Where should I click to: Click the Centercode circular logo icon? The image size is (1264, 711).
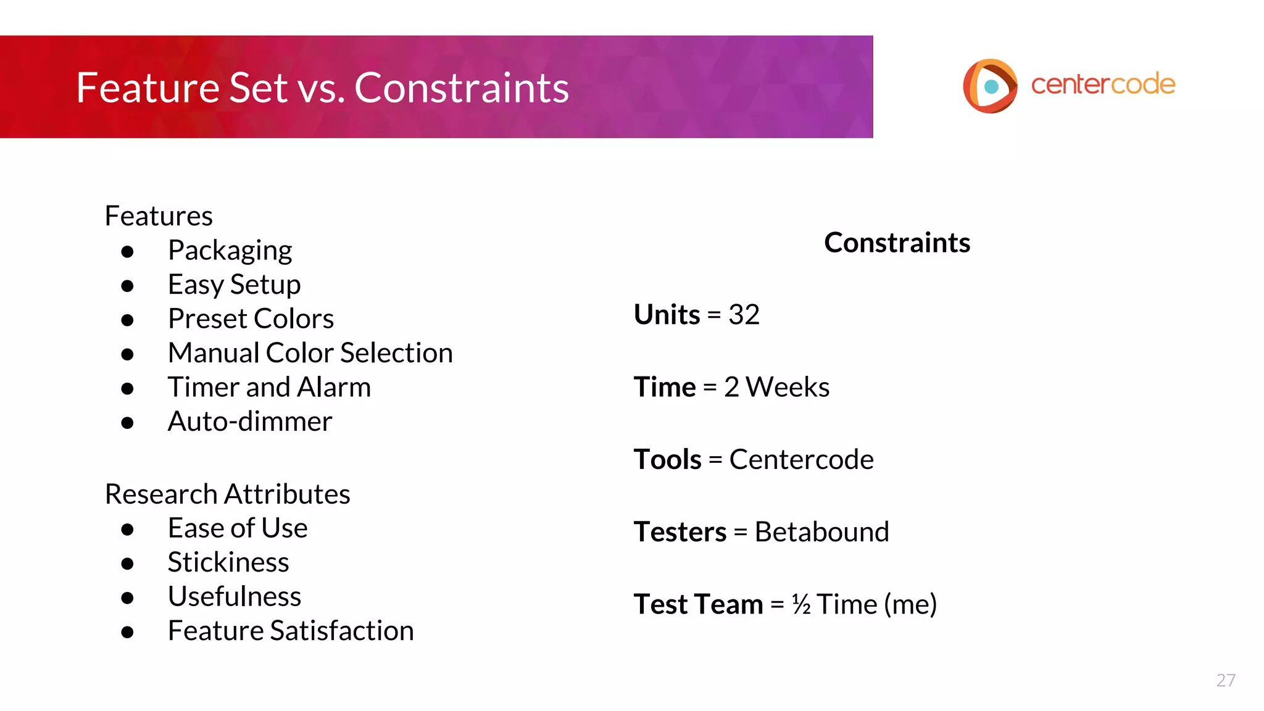click(x=990, y=86)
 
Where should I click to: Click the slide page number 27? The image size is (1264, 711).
click(x=1225, y=680)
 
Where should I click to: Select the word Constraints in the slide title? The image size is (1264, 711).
click(x=461, y=88)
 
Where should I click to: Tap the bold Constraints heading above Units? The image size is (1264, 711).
click(x=897, y=243)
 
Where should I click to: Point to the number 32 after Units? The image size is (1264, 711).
click(x=744, y=315)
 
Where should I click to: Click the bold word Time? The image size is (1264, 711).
click(x=665, y=388)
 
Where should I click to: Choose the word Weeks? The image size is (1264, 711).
click(x=788, y=388)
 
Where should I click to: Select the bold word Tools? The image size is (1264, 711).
click(x=667, y=460)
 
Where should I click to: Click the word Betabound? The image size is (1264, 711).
click(x=821, y=532)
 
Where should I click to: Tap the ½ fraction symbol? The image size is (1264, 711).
click(x=801, y=604)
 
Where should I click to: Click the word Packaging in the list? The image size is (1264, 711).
click(x=230, y=251)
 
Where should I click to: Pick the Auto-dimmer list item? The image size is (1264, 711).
click(x=249, y=422)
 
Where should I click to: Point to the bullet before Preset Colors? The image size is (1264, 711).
click(x=128, y=320)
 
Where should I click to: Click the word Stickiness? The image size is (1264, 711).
click(x=228, y=562)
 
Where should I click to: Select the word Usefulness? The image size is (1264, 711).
click(x=235, y=597)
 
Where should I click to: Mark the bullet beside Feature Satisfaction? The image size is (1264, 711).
click(x=128, y=632)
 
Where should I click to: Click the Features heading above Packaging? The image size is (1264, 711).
click(x=159, y=216)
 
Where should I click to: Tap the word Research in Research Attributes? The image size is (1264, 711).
click(x=161, y=494)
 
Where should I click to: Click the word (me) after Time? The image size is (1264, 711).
click(x=910, y=604)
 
